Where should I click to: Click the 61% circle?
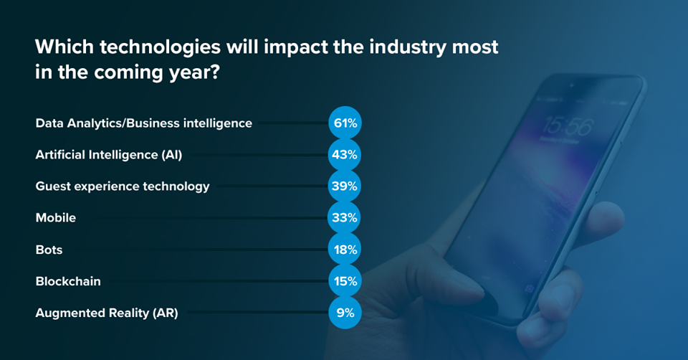tap(345, 123)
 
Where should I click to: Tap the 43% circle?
tap(345, 155)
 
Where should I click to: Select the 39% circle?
tap(345, 186)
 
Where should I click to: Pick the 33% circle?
tap(345, 218)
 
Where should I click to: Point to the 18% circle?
tap(345, 250)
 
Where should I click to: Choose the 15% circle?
tap(345, 281)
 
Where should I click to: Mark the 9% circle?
tap(345, 313)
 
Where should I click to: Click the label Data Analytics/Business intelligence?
tap(143, 123)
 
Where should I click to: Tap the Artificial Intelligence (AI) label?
tap(104, 155)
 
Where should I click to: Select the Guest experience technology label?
tap(123, 186)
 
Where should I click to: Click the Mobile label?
tap(56, 218)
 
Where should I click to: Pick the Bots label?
tap(49, 250)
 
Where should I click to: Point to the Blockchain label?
tap(68, 281)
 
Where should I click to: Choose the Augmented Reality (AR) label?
tap(107, 313)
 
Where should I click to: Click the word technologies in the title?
tap(147, 49)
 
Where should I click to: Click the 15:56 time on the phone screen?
tap(567, 127)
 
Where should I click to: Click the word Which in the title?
tap(60, 49)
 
